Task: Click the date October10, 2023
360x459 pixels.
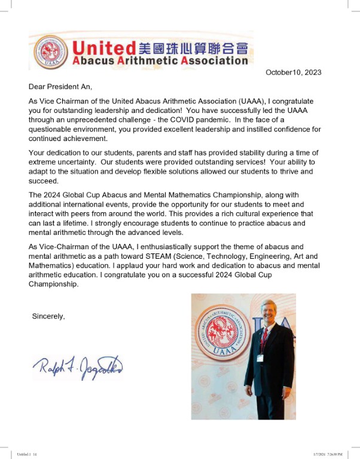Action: click(293, 72)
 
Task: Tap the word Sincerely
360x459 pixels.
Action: click(48, 316)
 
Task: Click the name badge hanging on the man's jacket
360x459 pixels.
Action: click(260, 358)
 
